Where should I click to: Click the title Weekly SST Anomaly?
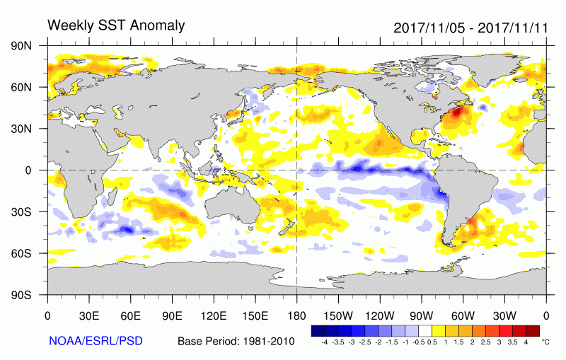point(116,25)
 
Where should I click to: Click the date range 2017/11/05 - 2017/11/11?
point(470,28)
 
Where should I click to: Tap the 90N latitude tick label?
point(21,46)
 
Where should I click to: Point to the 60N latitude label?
point(21,87)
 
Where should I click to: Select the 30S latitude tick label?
point(21,211)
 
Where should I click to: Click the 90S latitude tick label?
point(21,295)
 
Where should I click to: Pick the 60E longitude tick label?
point(130,316)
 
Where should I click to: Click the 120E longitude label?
point(214,316)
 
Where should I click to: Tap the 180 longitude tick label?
point(296,316)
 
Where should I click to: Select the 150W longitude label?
point(338,316)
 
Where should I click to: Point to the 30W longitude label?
point(504,316)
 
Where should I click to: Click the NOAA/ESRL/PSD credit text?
point(96,340)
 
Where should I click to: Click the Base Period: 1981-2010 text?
point(236,341)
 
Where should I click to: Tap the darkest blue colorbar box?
point(318,331)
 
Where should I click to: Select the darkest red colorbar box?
point(533,331)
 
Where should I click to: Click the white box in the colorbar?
point(425,331)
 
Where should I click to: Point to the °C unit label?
point(545,342)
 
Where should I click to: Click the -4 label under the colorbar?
point(324,342)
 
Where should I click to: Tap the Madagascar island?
point(112,197)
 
